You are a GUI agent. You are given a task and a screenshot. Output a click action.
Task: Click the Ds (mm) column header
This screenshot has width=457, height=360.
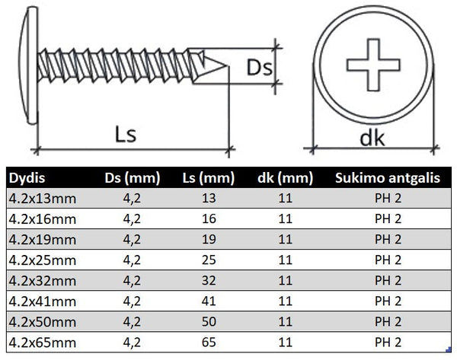pyautogui.click(x=132, y=179)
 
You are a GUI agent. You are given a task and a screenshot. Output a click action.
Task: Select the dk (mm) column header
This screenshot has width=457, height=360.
pyautogui.click(x=286, y=179)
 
